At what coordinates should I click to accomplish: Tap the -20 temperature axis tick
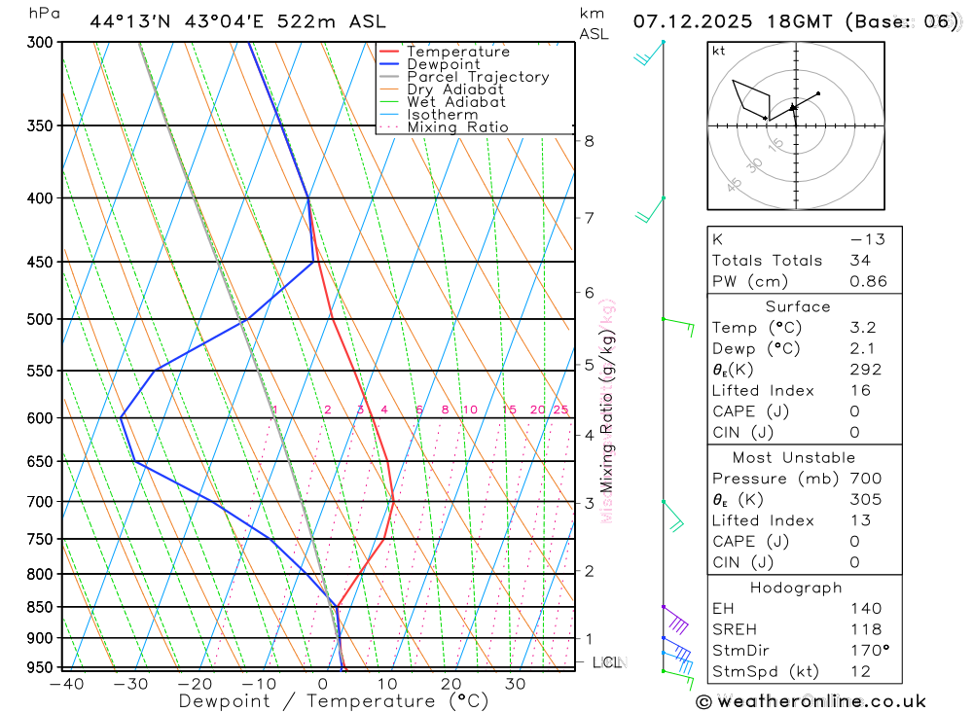pos(195,684)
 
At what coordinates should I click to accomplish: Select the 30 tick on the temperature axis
pos(515,684)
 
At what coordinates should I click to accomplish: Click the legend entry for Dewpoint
pos(443,64)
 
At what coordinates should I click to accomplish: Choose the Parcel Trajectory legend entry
pos(478,77)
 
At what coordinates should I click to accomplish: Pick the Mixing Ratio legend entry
pos(457,127)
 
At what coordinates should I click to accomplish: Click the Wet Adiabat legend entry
pos(456,102)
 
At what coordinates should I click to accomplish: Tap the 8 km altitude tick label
pos(589,141)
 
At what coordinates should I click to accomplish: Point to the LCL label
pos(607,662)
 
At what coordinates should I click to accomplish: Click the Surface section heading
pos(798,306)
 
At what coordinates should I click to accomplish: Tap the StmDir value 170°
pos(866,650)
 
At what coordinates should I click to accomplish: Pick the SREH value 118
pos(864,629)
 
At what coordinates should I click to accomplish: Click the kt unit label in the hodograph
pos(718,52)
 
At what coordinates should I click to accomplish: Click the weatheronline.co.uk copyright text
pos(811,701)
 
